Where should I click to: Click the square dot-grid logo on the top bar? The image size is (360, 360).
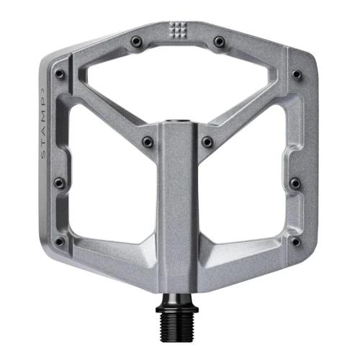(x=177, y=30)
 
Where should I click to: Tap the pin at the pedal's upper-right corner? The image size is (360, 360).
(x=296, y=73)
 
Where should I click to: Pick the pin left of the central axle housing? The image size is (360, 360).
(x=147, y=142)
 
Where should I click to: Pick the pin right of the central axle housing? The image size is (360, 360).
(x=207, y=142)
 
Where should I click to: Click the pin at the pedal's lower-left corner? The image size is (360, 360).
(x=59, y=241)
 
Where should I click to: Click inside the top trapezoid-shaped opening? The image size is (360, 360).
(x=176, y=79)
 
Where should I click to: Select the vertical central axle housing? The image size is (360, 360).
(x=177, y=209)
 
